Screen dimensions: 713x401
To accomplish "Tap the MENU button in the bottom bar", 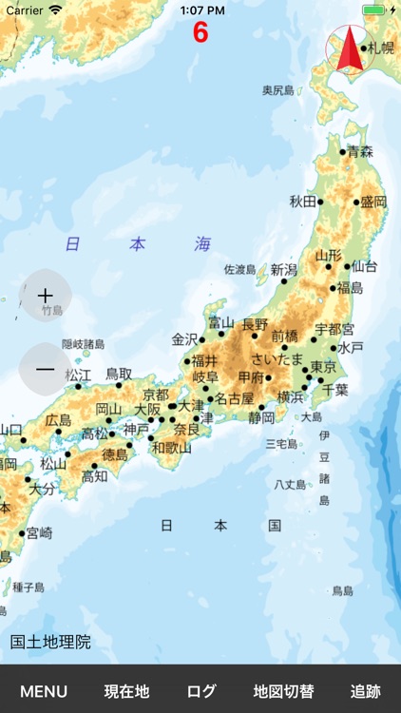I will [44, 691].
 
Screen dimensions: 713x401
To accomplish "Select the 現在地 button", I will [126, 691].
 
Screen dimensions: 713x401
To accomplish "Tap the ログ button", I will [201, 691].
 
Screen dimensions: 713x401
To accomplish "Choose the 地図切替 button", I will [283, 691].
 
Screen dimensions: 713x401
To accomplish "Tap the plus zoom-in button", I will [45, 296].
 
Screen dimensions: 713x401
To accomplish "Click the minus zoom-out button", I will [45, 369].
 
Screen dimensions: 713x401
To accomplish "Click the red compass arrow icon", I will [346, 49].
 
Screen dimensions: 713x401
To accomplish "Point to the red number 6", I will [200, 32].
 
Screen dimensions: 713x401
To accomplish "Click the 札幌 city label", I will [381, 48].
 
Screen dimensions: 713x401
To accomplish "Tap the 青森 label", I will [360, 151].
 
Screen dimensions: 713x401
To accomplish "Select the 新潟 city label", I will [284, 270].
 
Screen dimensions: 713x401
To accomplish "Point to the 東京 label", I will [324, 367].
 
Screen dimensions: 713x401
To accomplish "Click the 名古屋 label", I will [235, 398].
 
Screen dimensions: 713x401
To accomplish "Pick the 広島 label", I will [58, 419].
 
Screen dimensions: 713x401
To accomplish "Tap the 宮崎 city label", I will [39, 532].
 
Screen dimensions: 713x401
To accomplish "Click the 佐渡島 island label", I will [239, 270].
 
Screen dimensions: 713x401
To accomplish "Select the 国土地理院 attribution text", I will [50, 642].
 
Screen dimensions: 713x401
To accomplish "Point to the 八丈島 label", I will [290, 484].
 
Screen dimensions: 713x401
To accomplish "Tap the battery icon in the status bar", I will [373, 10].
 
